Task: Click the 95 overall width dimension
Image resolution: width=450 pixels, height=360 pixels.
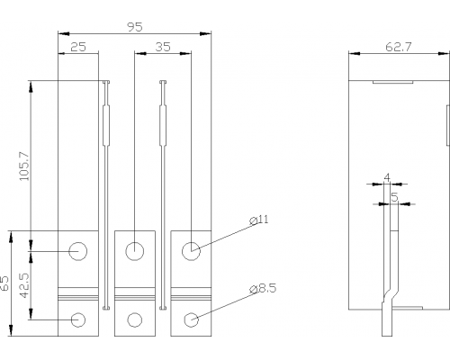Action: click(x=135, y=27)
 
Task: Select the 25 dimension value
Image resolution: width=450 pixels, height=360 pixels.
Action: click(x=78, y=47)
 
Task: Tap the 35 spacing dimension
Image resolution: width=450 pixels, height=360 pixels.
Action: click(x=163, y=47)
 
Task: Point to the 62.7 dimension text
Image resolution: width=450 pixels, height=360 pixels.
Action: click(x=399, y=47)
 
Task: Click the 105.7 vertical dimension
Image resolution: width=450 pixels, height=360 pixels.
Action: click(x=24, y=166)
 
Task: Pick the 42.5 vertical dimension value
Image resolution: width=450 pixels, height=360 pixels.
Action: click(x=24, y=285)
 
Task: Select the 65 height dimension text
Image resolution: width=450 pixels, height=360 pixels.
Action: click(x=5, y=283)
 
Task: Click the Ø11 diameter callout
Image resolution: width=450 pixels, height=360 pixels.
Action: click(x=259, y=220)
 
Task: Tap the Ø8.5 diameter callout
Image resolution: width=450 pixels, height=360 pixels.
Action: click(x=263, y=289)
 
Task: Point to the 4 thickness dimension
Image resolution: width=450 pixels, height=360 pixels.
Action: click(x=387, y=177)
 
